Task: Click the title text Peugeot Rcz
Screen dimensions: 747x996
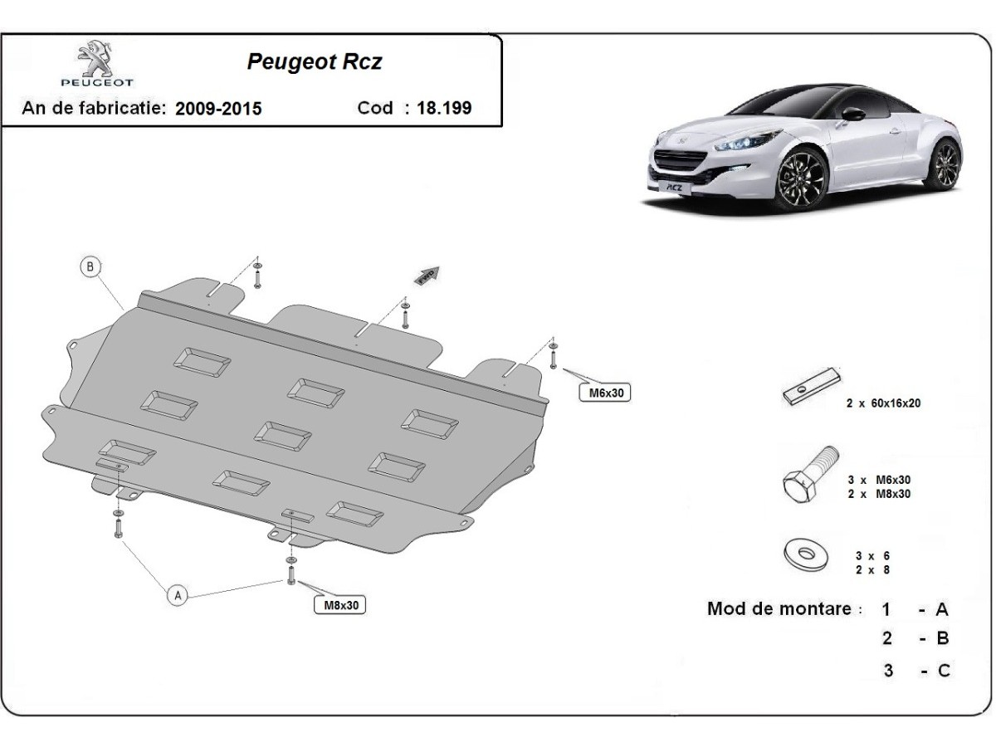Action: coord(315,62)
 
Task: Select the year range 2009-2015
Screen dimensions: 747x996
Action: coord(218,109)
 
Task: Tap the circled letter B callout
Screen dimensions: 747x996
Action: coord(90,267)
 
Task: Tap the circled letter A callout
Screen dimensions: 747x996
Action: coord(177,594)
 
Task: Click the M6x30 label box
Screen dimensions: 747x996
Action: coord(604,392)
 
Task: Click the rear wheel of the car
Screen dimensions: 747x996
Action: coord(945,165)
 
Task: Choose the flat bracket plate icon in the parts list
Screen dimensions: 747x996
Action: coord(812,388)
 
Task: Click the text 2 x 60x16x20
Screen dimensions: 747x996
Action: coord(883,403)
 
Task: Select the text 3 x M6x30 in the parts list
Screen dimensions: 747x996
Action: coord(879,480)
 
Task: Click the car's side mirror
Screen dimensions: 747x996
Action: coord(853,114)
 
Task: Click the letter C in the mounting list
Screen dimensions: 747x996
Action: coord(943,671)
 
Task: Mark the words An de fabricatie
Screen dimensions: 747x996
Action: coord(94,108)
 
